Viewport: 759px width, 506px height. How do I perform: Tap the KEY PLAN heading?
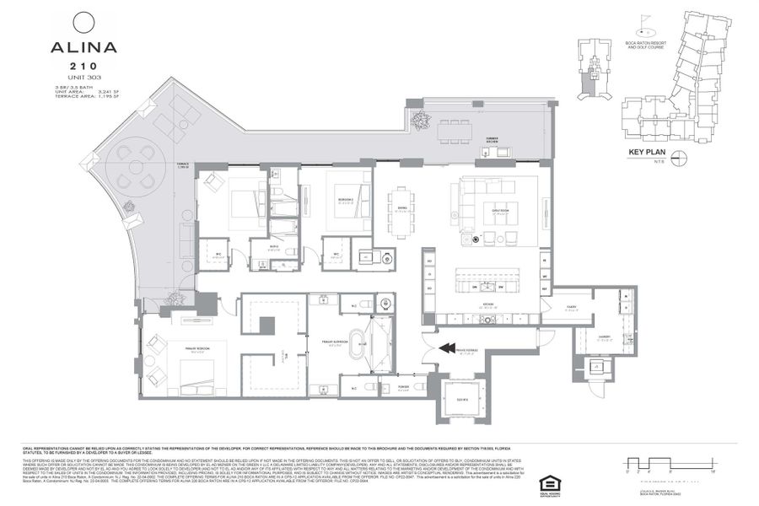point(648,153)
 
